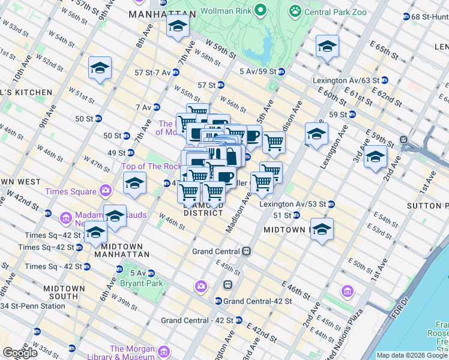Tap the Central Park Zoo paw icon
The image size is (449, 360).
pos(295,10)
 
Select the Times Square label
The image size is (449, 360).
pos(70,191)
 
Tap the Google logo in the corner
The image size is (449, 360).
pos(20,353)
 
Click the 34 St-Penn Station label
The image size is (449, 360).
pos(32,307)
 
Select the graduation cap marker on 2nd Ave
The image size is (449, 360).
pos(375,157)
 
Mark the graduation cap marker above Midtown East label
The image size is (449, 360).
pos(322,229)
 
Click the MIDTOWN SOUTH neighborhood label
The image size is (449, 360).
pos(64,293)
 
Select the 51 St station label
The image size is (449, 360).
pos(282,215)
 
